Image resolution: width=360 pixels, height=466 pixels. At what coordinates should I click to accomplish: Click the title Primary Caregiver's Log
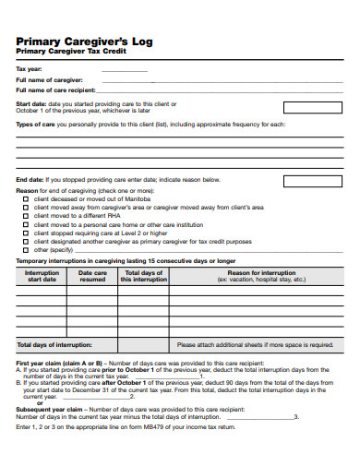77,41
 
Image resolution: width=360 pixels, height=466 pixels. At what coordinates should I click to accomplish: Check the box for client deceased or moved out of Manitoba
26,199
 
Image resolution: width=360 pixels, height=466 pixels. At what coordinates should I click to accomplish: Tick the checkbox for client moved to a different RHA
26,216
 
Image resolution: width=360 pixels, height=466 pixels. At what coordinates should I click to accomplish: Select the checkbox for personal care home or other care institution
26,224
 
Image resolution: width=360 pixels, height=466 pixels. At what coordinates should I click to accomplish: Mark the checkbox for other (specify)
26,249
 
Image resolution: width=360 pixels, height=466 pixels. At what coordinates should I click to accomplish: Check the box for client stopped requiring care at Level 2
26,233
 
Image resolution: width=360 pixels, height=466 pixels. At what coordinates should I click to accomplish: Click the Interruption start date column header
42,276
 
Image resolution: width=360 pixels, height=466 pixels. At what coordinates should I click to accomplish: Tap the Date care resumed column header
92,276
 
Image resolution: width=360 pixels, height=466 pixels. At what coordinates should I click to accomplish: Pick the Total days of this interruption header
144,276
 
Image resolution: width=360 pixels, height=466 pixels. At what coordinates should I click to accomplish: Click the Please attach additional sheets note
255,344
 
